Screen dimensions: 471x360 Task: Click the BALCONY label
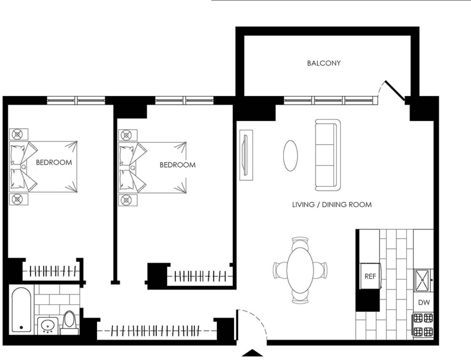click(x=324, y=63)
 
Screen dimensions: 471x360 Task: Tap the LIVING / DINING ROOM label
click(x=332, y=205)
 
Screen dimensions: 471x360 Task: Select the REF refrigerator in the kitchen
click(x=370, y=276)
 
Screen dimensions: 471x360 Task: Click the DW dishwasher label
click(x=424, y=303)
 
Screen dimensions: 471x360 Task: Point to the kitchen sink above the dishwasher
click(x=423, y=280)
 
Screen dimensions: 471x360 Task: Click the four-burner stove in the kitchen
click(x=423, y=325)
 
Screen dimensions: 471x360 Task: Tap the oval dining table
click(x=300, y=269)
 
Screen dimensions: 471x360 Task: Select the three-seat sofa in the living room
click(x=327, y=155)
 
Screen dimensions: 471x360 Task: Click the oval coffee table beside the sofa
click(x=291, y=156)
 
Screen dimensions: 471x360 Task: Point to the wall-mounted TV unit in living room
click(x=246, y=155)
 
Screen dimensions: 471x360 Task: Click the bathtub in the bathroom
click(x=21, y=310)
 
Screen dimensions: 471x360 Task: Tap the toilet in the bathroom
click(x=70, y=323)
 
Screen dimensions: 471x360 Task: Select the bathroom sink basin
click(x=48, y=326)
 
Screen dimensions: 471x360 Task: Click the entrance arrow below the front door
click(x=253, y=353)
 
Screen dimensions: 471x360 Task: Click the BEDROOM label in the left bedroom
click(x=54, y=162)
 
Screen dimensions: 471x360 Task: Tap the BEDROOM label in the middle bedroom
click(x=178, y=165)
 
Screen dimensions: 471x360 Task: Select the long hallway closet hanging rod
click(x=156, y=331)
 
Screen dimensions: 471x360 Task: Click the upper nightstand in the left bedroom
click(x=18, y=134)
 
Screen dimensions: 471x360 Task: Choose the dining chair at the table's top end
click(x=300, y=242)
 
